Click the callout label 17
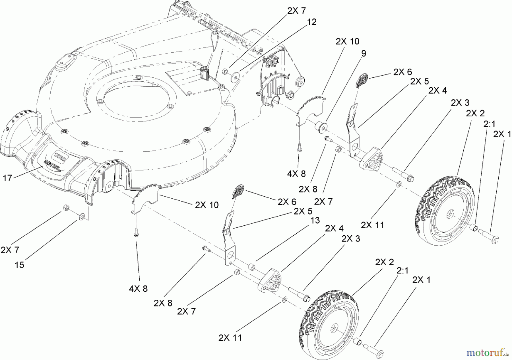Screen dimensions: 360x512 [7, 179]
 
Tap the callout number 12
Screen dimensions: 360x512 [312, 22]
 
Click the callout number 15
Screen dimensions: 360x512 [19, 265]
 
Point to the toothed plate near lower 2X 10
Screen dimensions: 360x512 [145, 196]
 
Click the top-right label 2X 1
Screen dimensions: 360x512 [502, 134]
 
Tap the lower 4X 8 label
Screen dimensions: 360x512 [139, 289]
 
